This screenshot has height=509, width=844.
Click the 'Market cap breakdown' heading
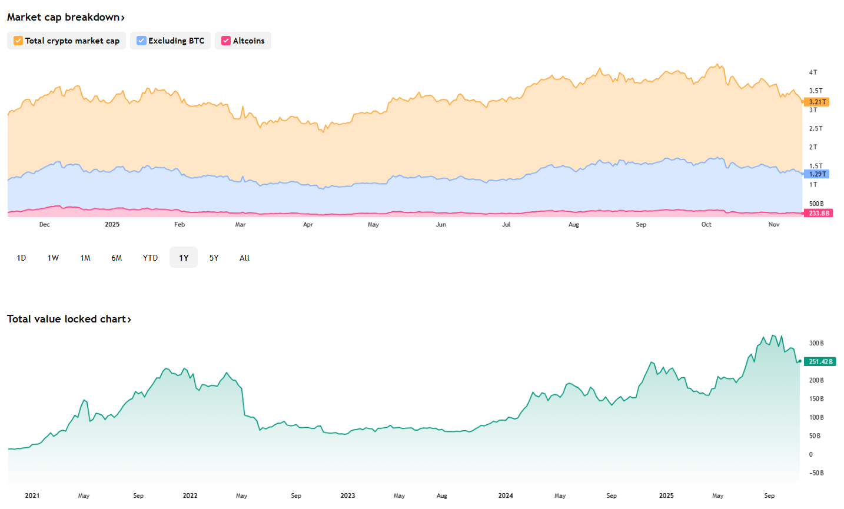(x=65, y=17)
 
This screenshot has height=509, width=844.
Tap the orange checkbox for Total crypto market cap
(x=18, y=41)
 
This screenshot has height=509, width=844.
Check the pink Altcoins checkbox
(x=226, y=41)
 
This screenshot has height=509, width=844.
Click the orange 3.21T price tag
(x=817, y=102)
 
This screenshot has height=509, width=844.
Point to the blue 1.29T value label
(x=817, y=174)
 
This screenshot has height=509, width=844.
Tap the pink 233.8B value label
(x=819, y=213)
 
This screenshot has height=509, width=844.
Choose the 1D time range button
(x=21, y=258)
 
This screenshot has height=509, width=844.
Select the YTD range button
(x=150, y=258)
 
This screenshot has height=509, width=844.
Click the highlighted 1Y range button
(x=184, y=258)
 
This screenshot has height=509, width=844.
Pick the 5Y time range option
(x=214, y=258)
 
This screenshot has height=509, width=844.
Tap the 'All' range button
(x=244, y=258)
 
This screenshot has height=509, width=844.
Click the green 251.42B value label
(x=820, y=361)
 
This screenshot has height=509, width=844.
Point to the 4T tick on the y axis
(x=813, y=72)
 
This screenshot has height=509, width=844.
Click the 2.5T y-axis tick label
(x=816, y=128)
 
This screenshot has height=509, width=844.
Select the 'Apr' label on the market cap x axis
(x=308, y=224)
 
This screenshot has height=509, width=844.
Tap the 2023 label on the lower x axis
(x=348, y=495)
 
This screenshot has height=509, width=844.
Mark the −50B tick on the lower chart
(x=816, y=473)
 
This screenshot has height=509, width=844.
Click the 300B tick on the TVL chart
(x=816, y=343)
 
